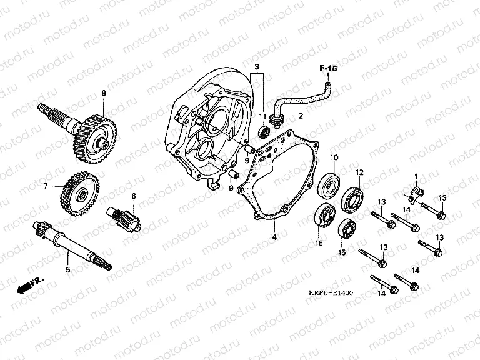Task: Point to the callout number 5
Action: (67, 270)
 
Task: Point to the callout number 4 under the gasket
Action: (273, 237)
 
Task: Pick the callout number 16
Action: (318, 244)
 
